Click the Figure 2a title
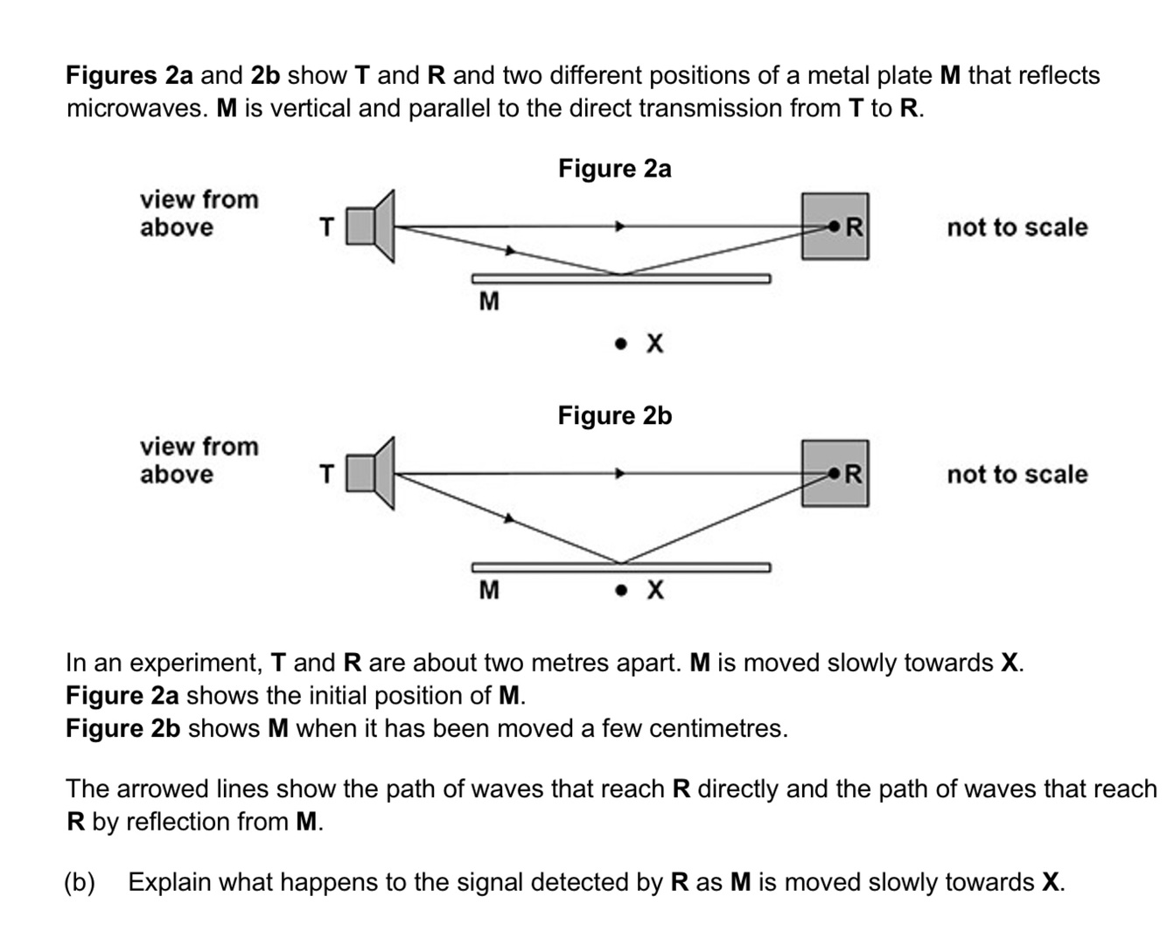[614, 169]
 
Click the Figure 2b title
[614, 415]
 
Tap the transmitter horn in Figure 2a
[371, 226]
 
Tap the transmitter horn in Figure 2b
[371, 474]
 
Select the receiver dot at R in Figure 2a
[834, 226]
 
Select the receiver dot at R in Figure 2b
[834, 474]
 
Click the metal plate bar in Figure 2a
[621, 279]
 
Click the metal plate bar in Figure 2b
[621, 567]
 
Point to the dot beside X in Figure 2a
[621, 344]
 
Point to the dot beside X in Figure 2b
[621, 590]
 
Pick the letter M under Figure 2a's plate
[489, 302]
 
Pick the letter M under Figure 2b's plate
[489, 590]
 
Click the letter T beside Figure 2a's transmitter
[326, 227]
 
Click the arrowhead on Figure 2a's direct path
[620, 226]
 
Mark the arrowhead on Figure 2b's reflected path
[509, 518]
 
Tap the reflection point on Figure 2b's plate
[621, 563]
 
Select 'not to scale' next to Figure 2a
[1017, 227]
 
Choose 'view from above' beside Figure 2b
[199, 461]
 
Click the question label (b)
[80, 882]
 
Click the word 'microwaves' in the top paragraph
[137, 108]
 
